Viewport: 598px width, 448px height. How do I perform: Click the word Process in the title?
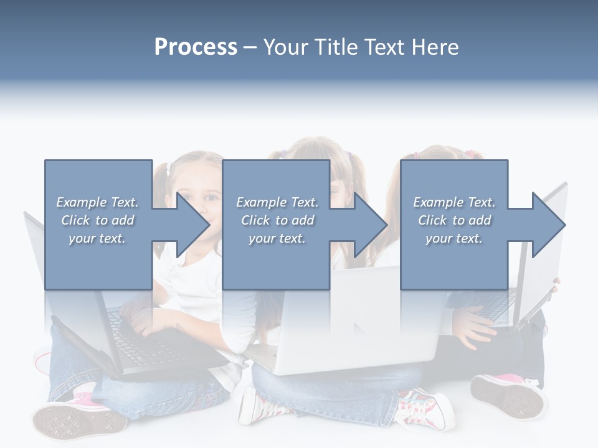196,47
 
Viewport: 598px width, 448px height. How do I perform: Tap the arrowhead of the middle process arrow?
371,225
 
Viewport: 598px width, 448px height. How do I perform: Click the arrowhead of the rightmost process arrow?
549,225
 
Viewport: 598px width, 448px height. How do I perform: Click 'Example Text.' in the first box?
97,202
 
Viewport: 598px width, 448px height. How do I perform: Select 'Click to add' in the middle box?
277,220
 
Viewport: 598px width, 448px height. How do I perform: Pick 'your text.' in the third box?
453,238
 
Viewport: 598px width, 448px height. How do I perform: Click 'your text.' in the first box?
97,238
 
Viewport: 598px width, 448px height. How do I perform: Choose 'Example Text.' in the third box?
453,202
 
